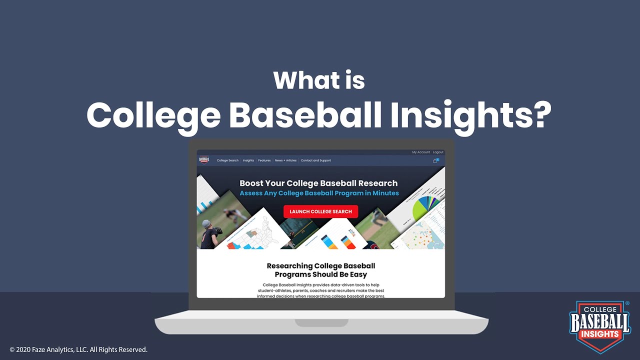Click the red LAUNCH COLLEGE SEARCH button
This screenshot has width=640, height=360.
320,211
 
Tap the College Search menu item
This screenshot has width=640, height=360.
227,160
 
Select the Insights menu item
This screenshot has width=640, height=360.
248,160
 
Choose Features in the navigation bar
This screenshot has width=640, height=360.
264,160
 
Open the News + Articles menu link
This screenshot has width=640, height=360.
285,160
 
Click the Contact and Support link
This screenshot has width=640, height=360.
315,160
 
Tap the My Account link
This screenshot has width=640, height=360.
420,152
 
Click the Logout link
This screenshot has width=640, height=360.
438,152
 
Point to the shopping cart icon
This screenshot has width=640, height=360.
435,160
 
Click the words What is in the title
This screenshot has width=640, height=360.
319,80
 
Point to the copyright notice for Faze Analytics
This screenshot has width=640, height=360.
78,349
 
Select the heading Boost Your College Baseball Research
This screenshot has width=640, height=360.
318,183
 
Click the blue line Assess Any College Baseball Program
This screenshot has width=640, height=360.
319,193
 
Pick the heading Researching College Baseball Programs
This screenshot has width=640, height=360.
320,270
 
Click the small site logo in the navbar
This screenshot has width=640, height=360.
204,160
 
